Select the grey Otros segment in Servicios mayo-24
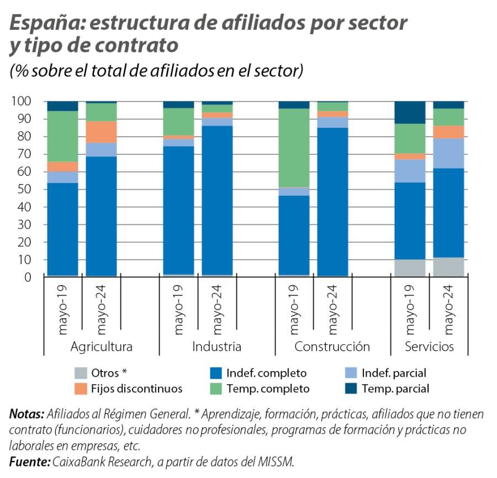coord(448,267)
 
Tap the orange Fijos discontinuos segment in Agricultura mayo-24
coord(101,132)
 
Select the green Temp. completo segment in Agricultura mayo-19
coord(62,136)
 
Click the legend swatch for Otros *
coord(80,373)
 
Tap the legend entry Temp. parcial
coord(395,389)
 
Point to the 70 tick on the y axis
coord(25,154)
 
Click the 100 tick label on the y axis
coord(23,101)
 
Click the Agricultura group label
coord(102,347)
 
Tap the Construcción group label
coord(332,347)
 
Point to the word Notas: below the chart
coord(26,414)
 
